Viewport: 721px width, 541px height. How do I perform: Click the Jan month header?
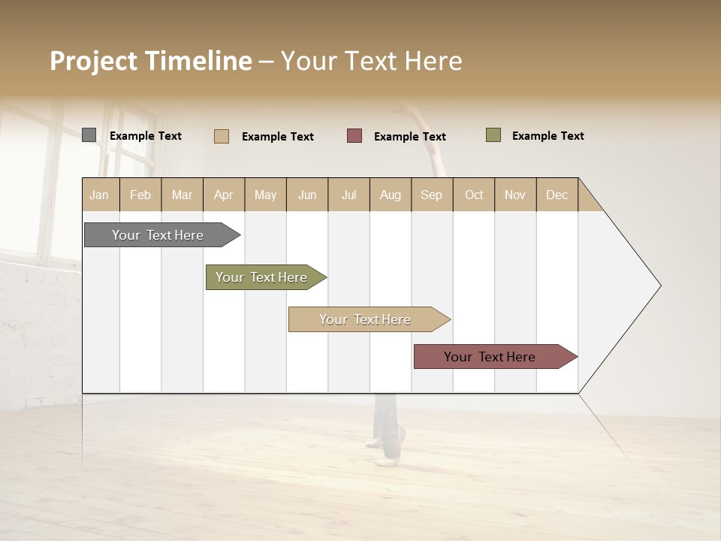coord(99,195)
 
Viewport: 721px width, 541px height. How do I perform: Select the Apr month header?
coord(223,195)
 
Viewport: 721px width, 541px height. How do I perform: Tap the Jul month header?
coord(348,195)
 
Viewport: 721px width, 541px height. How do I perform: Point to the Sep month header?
coord(431,195)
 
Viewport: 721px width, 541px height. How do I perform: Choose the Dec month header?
coord(557,195)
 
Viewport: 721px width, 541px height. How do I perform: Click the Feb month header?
coord(140,195)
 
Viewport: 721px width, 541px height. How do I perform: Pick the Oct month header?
coord(474,195)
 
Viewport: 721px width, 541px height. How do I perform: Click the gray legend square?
coord(89,135)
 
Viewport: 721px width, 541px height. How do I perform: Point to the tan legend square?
coord(222,136)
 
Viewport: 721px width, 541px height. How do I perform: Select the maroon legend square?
coord(354,135)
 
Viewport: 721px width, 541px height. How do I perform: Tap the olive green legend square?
coord(493,135)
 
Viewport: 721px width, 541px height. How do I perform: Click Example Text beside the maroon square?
coord(409,136)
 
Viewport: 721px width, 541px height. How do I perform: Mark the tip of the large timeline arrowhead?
coord(660,286)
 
